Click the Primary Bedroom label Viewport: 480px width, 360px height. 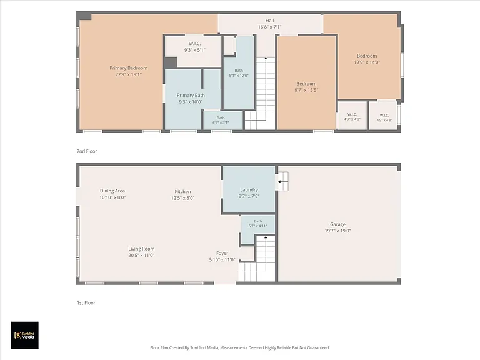(129, 68)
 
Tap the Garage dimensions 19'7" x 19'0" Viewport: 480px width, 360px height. (337, 231)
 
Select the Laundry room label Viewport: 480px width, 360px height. (249, 190)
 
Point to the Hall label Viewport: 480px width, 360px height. (270, 20)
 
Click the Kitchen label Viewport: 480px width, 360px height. (182, 191)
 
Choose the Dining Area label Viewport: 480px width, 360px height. (112, 191)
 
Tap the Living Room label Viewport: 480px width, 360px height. (141, 249)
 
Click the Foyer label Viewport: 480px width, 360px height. (222, 253)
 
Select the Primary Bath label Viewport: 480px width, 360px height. (191, 95)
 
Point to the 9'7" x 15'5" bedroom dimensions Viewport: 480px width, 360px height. (306, 90)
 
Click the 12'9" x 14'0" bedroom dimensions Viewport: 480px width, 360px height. (367, 62)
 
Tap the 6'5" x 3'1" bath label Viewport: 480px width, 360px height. (221, 120)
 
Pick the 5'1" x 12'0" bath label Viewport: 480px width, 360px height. (239, 73)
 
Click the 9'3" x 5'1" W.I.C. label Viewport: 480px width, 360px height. (195, 47)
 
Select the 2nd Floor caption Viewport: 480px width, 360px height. (87, 151)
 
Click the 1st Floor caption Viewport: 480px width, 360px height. (86, 302)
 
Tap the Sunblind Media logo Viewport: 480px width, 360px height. (24, 336)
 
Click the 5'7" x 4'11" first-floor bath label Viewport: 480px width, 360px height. (257, 224)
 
